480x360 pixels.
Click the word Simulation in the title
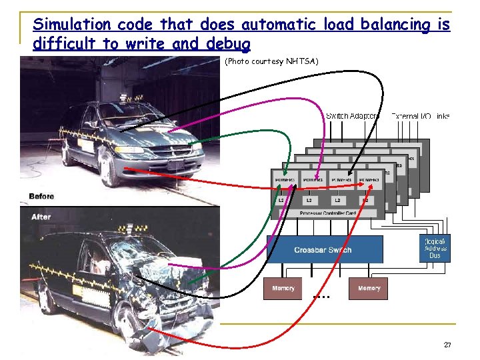[x=71, y=25]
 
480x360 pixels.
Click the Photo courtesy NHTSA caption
[x=271, y=62]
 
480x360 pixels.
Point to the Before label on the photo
[x=41, y=197]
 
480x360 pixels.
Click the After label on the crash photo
[x=41, y=217]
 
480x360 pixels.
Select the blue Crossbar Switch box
[x=325, y=249]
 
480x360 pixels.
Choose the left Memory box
[x=283, y=289]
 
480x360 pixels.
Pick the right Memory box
[x=368, y=289]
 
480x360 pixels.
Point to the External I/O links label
[x=421, y=116]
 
